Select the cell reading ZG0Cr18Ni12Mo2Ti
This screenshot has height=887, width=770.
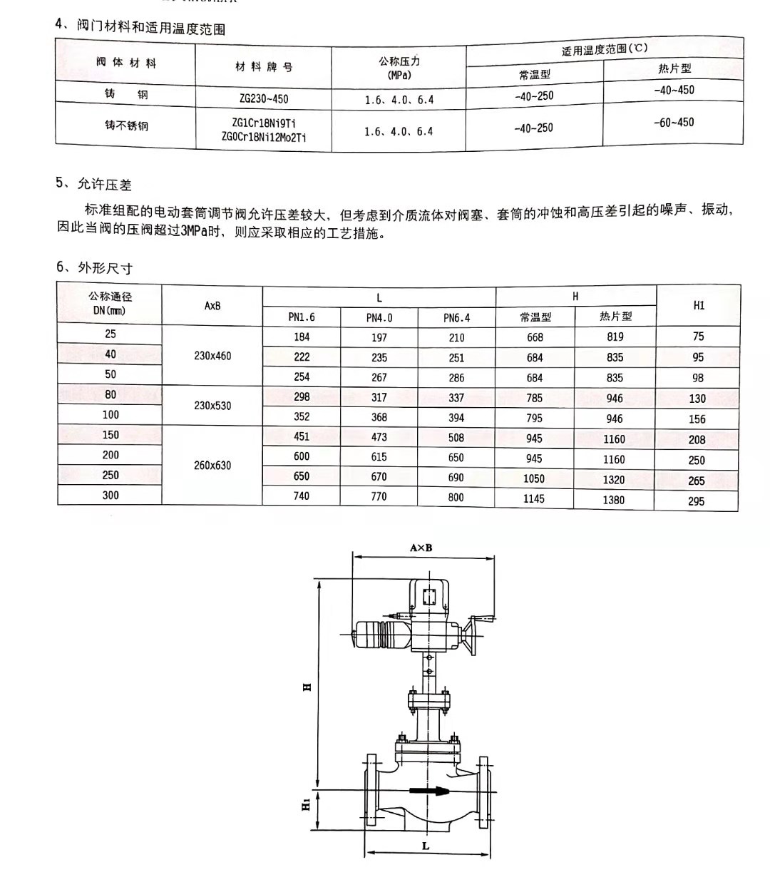(x=264, y=137)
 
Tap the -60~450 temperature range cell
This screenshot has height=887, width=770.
(x=674, y=123)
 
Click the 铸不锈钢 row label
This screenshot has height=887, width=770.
(x=126, y=125)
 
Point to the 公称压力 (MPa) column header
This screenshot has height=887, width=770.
(x=399, y=68)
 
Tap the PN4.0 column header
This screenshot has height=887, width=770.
(x=379, y=318)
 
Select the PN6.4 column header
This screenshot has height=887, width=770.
(x=456, y=318)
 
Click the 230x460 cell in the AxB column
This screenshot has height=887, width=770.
(x=212, y=356)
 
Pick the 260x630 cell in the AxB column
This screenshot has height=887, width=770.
(x=212, y=466)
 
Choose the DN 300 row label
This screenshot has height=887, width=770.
(x=111, y=496)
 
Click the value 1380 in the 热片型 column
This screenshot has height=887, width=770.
(x=613, y=500)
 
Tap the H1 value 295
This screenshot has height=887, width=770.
(x=697, y=501)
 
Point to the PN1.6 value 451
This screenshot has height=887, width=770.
(x=302, y=437)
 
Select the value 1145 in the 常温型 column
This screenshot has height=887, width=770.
(x=533, y=499)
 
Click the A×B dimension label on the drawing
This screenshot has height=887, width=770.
(x=421, y=548)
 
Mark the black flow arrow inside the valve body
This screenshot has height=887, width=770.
(x=431, y=790)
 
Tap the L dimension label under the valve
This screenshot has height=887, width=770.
(x=426, y=846)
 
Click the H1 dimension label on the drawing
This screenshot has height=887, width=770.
(x=305, y=805)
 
